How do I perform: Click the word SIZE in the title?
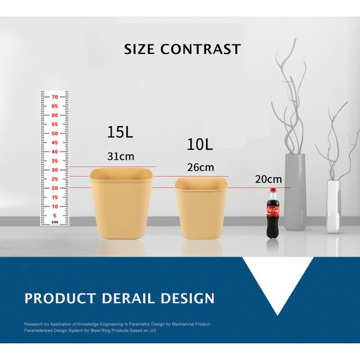tap(139, 49)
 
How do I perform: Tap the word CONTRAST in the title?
tap(201, 49)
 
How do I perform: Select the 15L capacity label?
tap(120, 132)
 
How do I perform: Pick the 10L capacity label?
tap(200, 145)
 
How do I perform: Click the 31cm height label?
tap(121, 157)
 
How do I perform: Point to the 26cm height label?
tap(201, 168)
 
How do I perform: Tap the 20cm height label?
tap(269, 179)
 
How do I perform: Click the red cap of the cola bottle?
tap(273, 191)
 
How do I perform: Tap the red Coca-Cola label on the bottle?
tap(273, 210)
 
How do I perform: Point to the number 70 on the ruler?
tap(54, 97)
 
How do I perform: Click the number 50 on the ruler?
tap(54, 133)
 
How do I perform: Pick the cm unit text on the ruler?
tap(54, 222)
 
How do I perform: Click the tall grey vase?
tap(295, 193)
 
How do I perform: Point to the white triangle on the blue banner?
tap(278, 281)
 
